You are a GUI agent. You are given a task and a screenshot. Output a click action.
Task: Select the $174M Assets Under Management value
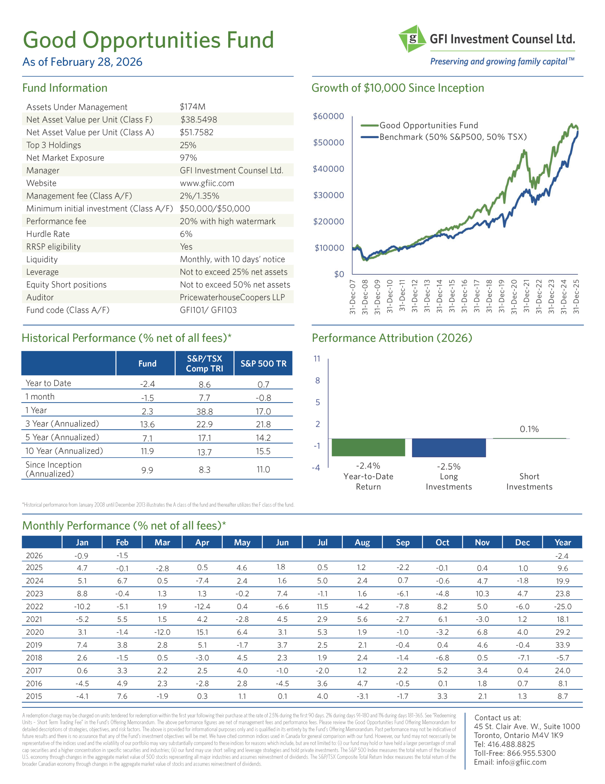193,107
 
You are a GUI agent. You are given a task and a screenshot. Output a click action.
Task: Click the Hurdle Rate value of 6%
186,234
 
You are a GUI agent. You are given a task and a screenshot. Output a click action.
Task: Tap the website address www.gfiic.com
207,183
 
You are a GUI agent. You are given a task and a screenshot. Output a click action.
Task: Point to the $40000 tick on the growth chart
328,169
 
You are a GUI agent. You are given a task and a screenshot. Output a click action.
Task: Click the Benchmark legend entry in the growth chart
453,137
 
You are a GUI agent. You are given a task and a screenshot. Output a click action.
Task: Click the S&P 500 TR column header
263,364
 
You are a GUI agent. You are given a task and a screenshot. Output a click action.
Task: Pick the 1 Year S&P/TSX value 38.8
204,411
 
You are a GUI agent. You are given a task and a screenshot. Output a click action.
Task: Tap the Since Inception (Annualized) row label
54,469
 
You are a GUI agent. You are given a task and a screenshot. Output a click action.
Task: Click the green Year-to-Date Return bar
368,447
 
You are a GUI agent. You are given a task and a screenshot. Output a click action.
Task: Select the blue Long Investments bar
449,448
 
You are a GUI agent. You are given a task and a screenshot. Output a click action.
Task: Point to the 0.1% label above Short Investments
529,429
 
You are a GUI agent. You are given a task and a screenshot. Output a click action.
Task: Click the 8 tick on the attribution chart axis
317,380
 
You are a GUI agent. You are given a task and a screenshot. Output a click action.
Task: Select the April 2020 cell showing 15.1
202,632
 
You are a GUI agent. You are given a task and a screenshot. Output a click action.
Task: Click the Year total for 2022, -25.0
562,607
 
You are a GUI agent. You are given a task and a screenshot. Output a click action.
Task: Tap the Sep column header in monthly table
403,542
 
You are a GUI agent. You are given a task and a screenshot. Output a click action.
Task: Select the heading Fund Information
65,88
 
